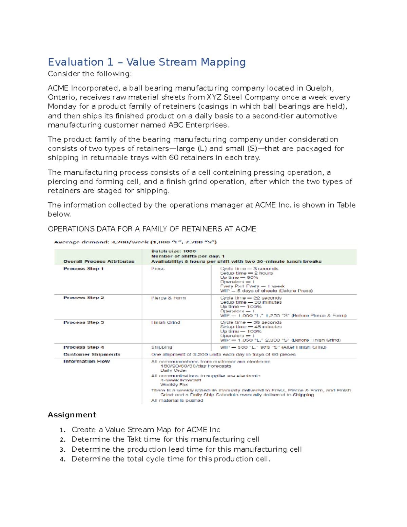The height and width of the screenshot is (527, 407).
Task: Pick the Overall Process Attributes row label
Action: (99, 262)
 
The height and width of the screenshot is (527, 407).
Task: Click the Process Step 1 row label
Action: (83, 269)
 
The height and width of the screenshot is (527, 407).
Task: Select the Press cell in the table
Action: (158, 269)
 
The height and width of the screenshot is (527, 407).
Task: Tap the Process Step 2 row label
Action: (83, 298)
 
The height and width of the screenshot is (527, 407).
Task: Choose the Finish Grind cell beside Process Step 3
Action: (166, 322)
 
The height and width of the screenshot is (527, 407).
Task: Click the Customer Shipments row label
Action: (92, 354)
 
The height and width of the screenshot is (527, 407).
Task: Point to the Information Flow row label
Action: (86, 361)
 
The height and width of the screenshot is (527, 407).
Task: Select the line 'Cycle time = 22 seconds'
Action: (251, 298)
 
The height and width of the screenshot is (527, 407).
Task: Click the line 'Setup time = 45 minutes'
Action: (251, 327)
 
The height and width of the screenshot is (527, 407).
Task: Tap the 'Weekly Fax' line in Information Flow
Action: (174, 385)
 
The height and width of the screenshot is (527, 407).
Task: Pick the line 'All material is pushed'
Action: (177, 401)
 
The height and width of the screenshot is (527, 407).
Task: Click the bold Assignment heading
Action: (72, 415)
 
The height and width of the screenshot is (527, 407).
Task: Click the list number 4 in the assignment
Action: (62, 459)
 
